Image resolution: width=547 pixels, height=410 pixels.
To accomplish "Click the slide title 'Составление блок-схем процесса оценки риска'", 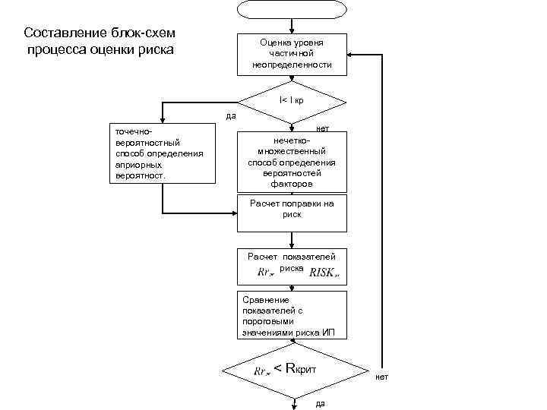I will coord(100,42).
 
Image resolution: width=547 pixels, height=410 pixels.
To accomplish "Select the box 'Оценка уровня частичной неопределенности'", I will coord(292,55).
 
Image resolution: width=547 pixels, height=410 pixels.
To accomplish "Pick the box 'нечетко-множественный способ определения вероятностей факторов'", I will coord(292,162).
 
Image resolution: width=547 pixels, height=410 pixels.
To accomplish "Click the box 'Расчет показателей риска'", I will coord(292,265).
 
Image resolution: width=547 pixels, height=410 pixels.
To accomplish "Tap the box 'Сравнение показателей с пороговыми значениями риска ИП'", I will coord(292,315).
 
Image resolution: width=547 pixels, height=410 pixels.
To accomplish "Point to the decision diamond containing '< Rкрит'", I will coord(292,370).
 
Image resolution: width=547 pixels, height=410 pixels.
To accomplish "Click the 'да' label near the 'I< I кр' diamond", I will coord(232,116).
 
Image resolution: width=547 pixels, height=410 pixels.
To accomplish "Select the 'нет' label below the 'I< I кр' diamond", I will coord(322,129).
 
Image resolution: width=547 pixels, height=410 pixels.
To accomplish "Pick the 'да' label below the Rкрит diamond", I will coord(319,403).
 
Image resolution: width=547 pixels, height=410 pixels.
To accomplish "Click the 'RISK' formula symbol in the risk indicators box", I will coord(325,272).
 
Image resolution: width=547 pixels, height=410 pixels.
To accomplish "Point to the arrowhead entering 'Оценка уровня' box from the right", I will coord(351,55).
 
